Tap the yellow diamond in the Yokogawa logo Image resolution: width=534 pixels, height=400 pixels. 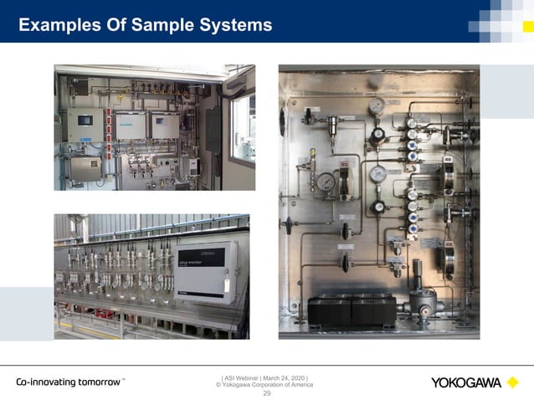pos(511,383)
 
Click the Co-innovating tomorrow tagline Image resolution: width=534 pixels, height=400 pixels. pos(69,382)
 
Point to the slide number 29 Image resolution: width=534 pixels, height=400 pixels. pos(267,393)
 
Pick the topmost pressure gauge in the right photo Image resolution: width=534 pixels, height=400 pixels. pos(377,106)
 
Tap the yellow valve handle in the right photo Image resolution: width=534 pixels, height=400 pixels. pos(313,156)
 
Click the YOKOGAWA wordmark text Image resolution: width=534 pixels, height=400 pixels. pos(465,383)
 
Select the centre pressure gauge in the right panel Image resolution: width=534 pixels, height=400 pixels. pos(378,174)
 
